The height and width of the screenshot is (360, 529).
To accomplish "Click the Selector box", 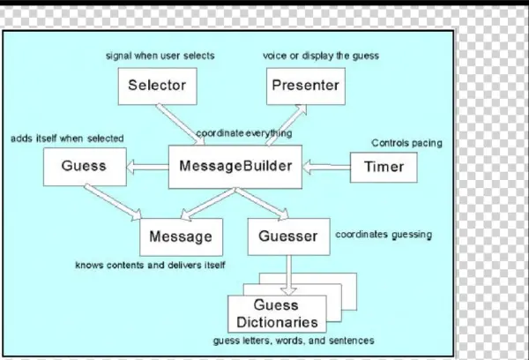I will point(156,86).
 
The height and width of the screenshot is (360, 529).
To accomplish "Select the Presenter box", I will point(305,86).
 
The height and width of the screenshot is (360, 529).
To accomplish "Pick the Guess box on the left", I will point(84,166).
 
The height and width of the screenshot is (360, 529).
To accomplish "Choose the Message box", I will point(181,236).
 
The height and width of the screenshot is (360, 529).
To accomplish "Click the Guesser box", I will point(288,236).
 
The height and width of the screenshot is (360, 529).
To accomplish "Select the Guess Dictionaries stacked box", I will point(275,312).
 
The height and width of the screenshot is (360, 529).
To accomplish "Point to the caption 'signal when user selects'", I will point(160,56).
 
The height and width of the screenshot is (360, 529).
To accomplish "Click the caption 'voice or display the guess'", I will point(320,56).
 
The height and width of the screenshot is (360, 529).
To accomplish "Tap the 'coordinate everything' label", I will point(244,133).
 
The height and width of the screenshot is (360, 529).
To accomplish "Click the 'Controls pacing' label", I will point(406,143).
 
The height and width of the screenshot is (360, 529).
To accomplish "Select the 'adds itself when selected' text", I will point(67,139).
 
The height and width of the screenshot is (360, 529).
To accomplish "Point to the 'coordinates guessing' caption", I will point(384,235).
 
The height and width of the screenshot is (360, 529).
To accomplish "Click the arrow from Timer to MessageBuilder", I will point(326,166).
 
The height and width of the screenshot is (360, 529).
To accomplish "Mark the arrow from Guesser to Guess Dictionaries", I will point(288,274).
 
